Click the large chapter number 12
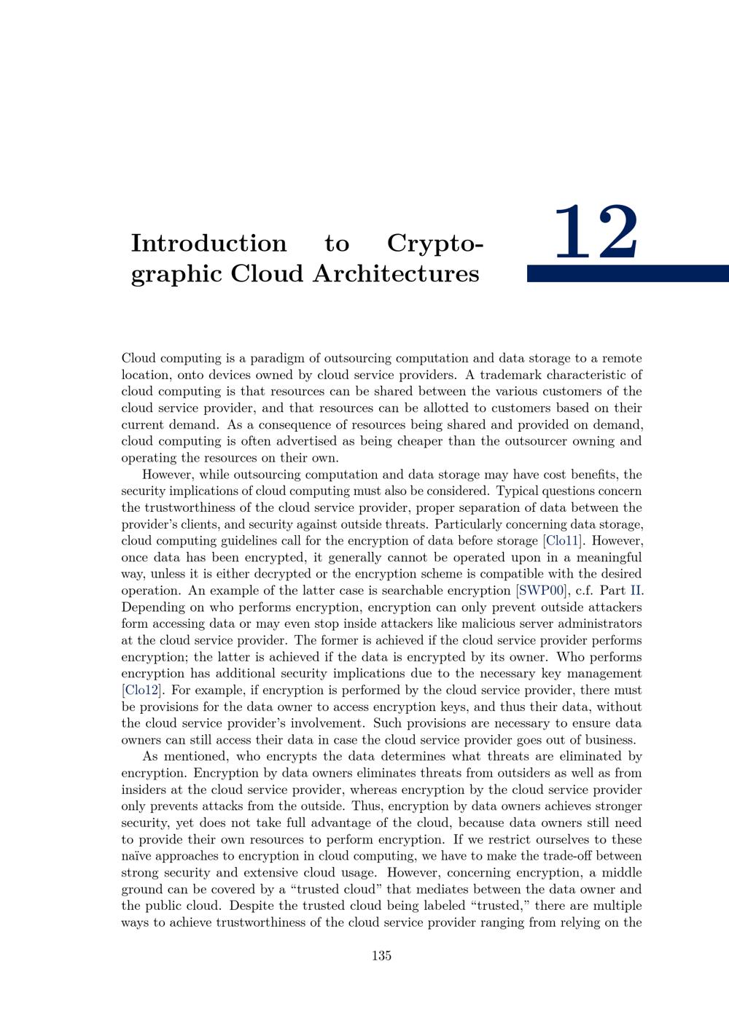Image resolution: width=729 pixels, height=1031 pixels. (596, 233)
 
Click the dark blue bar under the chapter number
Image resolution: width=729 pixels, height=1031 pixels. (627, 273)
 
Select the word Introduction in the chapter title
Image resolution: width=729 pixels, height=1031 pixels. (208, 244)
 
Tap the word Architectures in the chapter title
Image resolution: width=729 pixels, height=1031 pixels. (397, 274)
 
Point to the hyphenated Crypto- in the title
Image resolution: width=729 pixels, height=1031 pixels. (435, 244)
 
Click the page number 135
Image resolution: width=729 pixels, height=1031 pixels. (381, 956)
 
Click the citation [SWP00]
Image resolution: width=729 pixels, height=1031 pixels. (542, 591)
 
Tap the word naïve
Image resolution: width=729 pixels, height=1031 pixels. (136, 856)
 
